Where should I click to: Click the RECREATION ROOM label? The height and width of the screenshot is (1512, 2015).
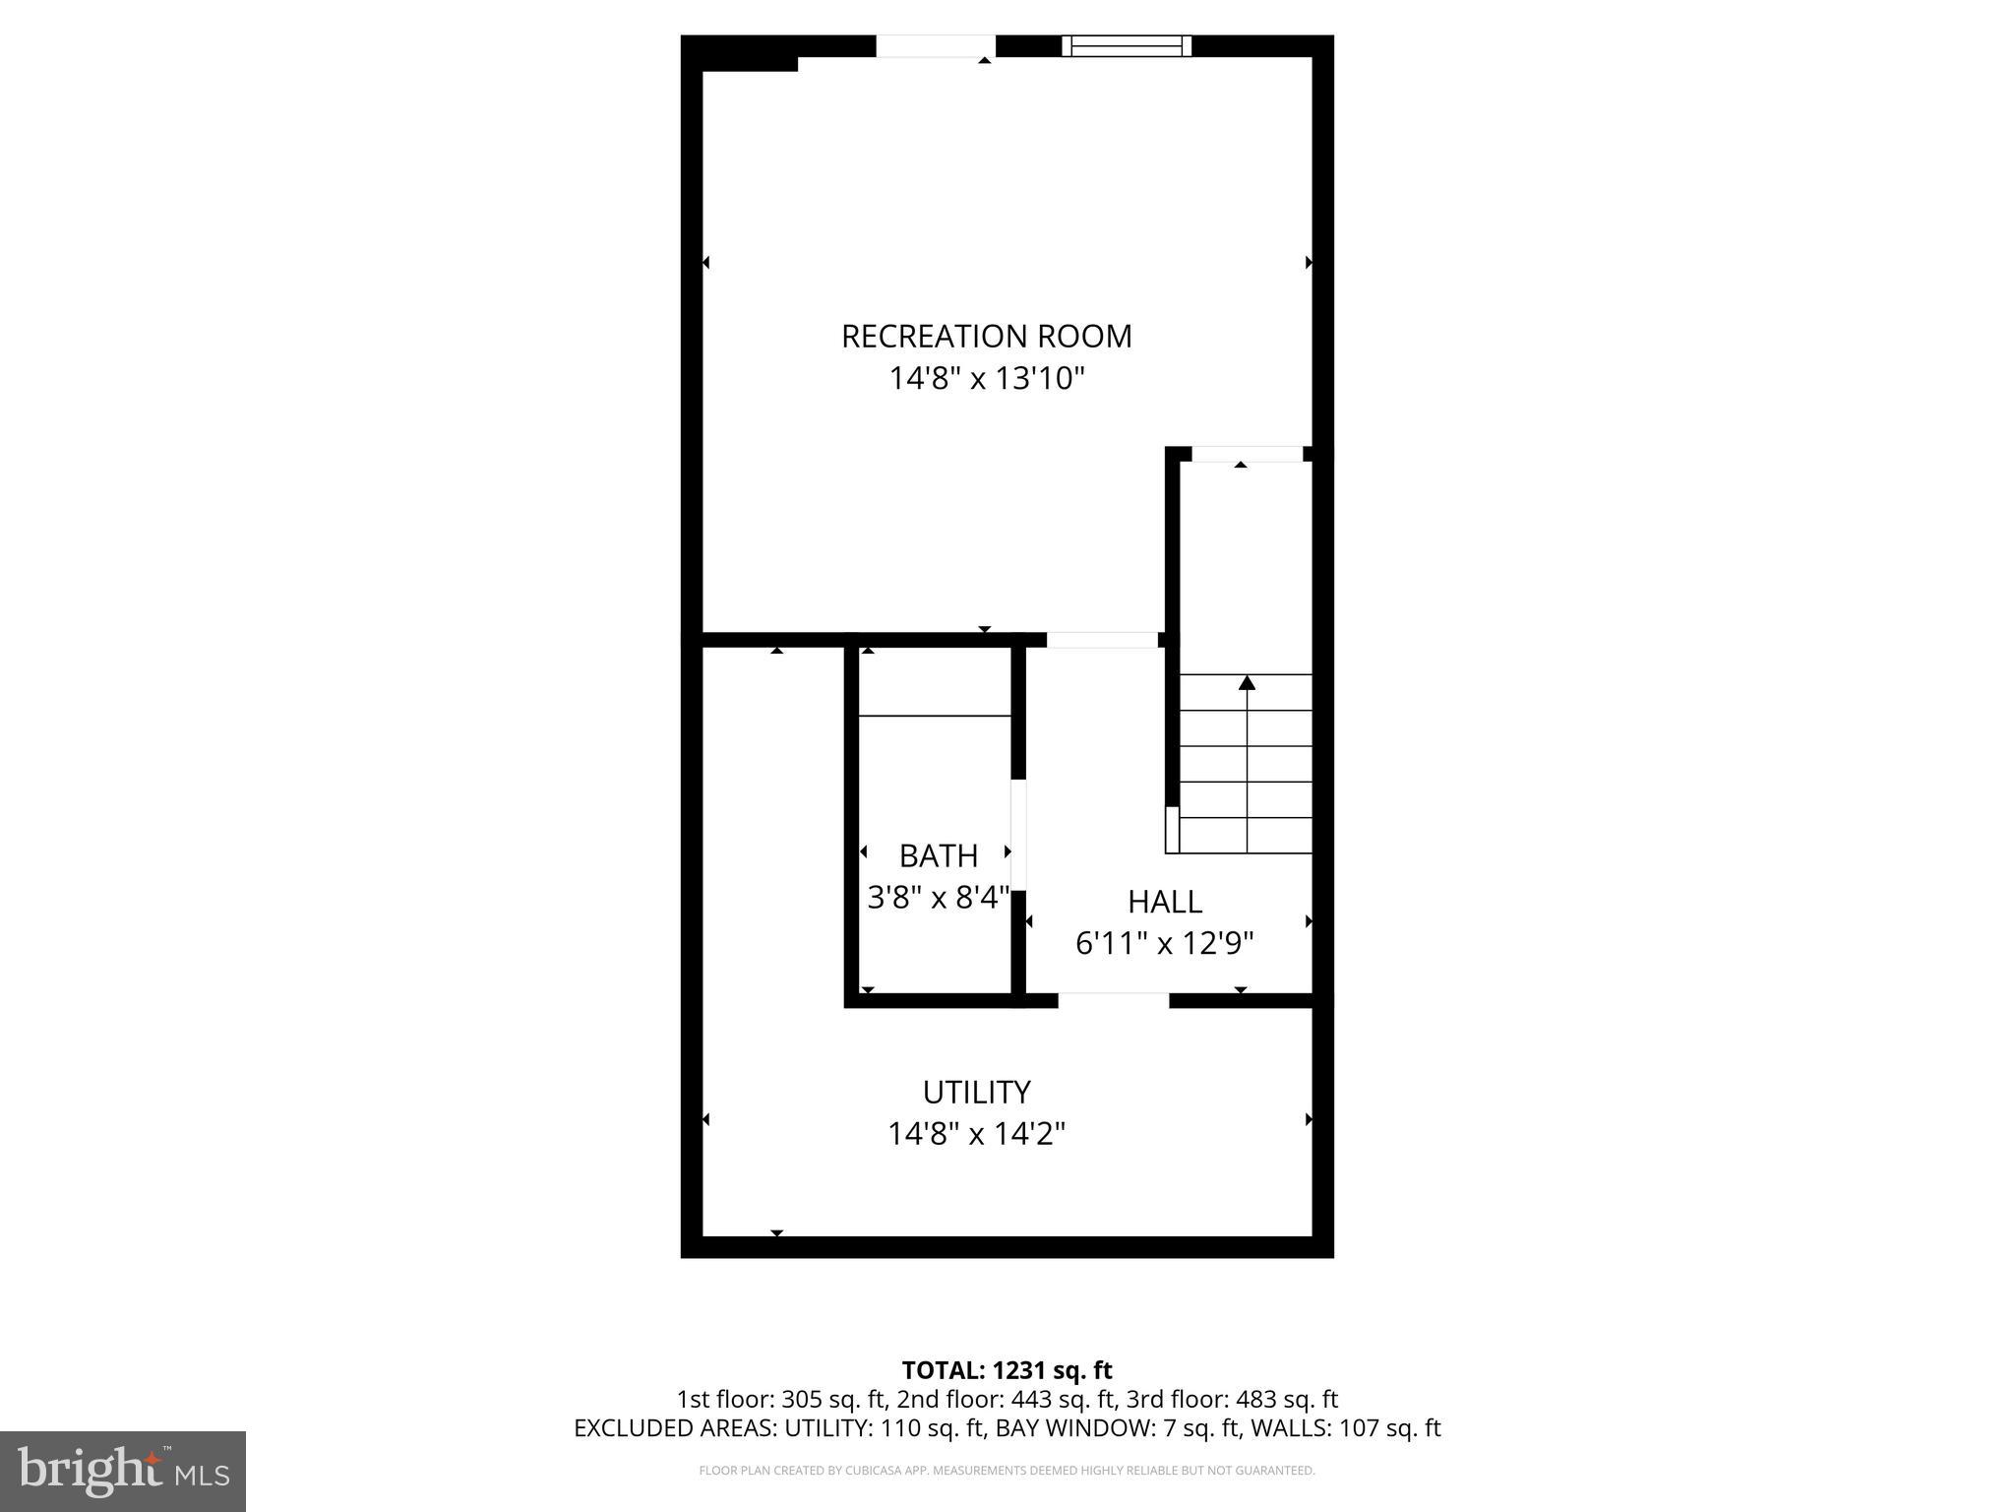pos(986,337)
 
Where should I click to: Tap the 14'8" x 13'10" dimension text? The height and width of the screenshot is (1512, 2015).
pos(986,379)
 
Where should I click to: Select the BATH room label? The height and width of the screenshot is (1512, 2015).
pos(938,855)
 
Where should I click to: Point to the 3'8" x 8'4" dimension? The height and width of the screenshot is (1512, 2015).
pos(938,898)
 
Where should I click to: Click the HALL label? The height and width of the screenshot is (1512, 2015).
pos(1164,902)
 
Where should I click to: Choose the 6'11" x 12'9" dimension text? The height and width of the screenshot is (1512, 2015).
pos(1164,944)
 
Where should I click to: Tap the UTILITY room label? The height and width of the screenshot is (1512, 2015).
pos(976,1092)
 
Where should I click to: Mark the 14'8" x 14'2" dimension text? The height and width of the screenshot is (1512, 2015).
pos(976,1134)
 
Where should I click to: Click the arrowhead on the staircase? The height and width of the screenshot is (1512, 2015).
pos(1247,682)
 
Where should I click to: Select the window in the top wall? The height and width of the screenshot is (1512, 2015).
pos(1127,46)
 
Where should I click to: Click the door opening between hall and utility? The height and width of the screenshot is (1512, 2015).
pos(1113,1000)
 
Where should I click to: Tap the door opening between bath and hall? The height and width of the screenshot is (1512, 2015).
pos(1018,835)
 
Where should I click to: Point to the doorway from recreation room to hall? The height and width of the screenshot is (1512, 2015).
pos(1102,640)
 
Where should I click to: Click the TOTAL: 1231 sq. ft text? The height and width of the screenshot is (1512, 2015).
pos(1007,1370)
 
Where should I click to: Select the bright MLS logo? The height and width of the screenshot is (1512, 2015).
pos(123,1471)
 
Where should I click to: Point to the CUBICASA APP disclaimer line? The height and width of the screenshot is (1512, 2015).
pos(1007,1471)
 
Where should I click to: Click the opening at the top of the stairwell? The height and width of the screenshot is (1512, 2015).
pos(1247,454)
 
